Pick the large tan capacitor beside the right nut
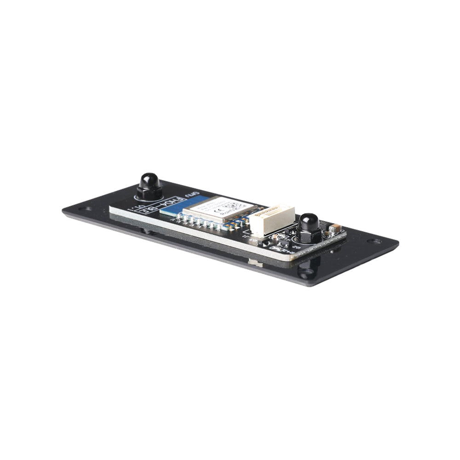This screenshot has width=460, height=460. pyautogui.click(x=335, y=228)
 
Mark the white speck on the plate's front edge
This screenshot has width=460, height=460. pyautogui.click(x=254, y=264)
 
